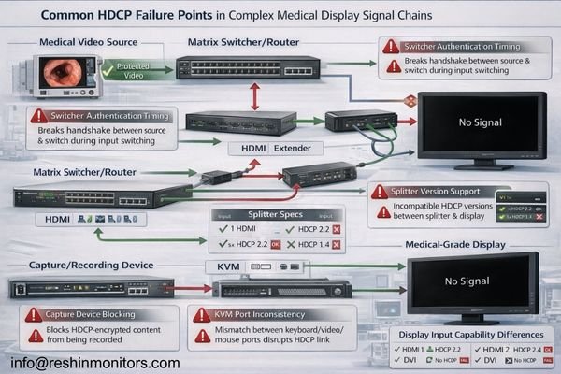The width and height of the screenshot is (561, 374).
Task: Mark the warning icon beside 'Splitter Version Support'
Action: pyautogui.click(x=380, y=192)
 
